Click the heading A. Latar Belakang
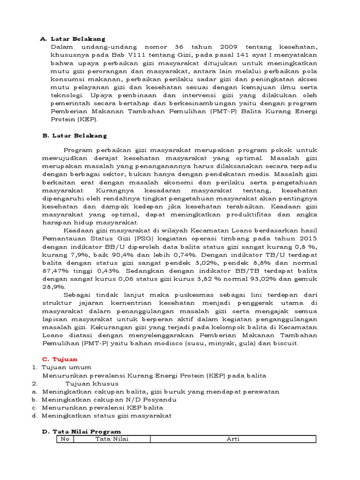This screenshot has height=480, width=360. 73,39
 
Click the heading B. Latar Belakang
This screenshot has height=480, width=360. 75,135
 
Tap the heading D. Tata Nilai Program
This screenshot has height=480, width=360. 82,431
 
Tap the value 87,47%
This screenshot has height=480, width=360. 53,271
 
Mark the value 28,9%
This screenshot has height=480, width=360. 53,287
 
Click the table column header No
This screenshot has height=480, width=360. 65,439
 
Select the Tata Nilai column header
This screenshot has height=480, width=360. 112,439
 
